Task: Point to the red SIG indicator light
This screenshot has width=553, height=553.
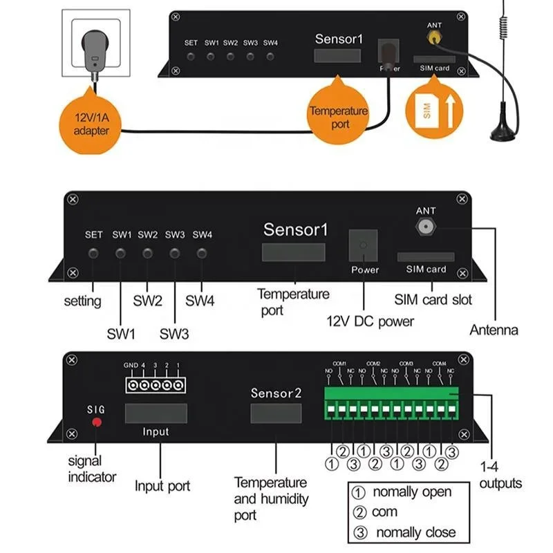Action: (97, 422)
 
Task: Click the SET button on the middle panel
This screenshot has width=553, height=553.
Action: (93, 253)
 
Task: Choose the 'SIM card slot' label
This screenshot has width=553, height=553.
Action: (433, 300)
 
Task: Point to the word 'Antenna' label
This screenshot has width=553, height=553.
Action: (494, 330)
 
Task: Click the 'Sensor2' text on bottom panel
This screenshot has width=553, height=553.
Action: (276, 393)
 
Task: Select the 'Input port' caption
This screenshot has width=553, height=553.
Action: (162, 486)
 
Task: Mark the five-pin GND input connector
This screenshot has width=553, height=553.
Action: (155, 384)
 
